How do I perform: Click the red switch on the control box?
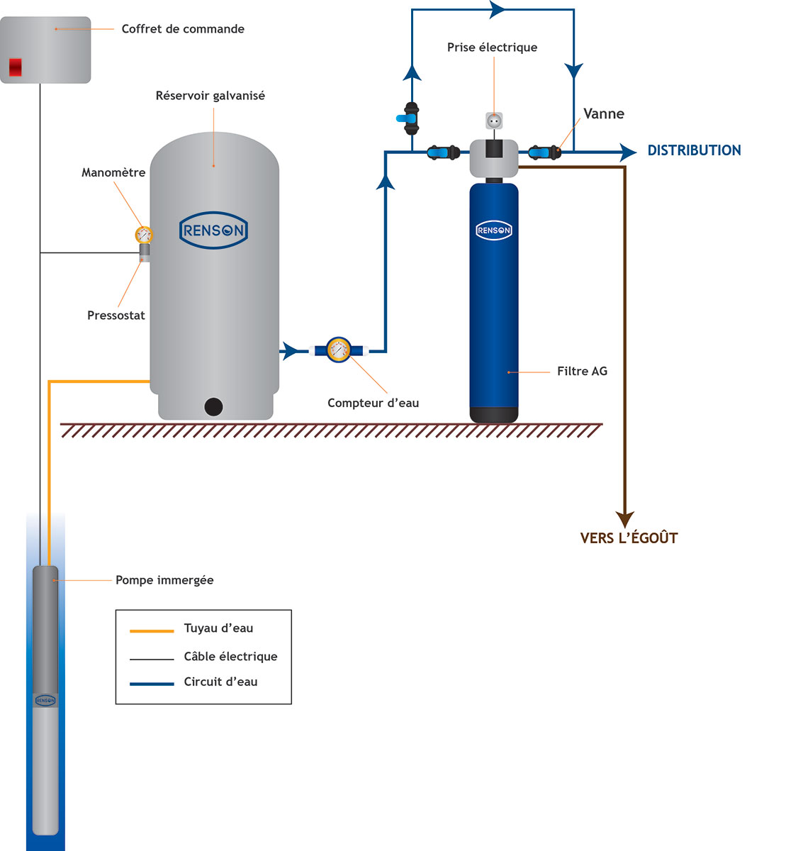tap(15, 67)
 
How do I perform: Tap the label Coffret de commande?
tap(183, 29)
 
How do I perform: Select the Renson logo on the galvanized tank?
tap(213, 230)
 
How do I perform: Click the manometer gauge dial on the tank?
tap(144, 234)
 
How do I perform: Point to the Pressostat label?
tap(116, 316)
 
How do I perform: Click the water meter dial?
tap(339, 350)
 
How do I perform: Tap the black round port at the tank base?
tap(213, 407)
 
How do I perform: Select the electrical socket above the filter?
tap(494, 121)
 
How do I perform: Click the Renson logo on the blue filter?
tap(494, 230)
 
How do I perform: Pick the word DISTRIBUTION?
tap(694, 150)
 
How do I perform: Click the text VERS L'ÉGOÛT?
tap(629, 538)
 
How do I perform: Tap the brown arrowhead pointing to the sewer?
tap(624, 519)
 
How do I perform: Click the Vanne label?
tap(604, 114)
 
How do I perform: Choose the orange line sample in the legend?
tap(152, 630)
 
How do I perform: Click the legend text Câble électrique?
tap(230, 657)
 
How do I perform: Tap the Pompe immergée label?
tap(164, 580)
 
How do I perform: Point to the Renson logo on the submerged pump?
tap(45, 701)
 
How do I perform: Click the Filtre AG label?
tap(582, 371)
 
